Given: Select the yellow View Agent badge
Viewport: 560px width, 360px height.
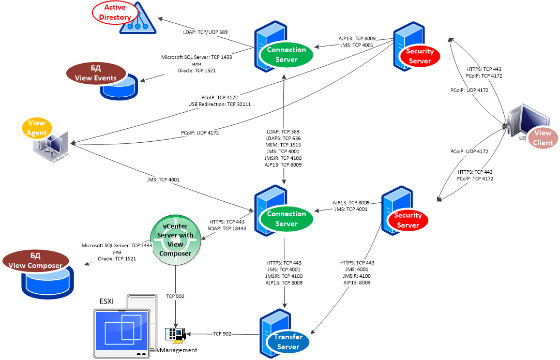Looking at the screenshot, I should [37, 128].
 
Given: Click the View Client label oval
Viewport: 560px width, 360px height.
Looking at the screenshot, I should [542, 138].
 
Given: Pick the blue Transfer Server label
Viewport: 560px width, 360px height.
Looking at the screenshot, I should [288, 342].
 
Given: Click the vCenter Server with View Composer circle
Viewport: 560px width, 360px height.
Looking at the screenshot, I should [175, 240].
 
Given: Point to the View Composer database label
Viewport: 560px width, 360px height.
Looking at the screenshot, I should [36, 261].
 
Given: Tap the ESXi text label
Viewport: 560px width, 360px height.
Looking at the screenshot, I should [108, 301].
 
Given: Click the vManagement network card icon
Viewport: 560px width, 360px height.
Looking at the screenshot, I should [174, 335].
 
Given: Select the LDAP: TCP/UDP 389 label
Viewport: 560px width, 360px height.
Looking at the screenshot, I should [205, 32].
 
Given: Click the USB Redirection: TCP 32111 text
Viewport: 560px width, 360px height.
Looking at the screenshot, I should [220, 104].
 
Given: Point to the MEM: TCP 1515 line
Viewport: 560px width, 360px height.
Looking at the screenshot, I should [282, 145].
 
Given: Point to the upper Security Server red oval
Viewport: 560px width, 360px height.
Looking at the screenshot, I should [419, 56].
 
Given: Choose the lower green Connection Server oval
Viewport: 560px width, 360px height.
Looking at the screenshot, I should [286, 219].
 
